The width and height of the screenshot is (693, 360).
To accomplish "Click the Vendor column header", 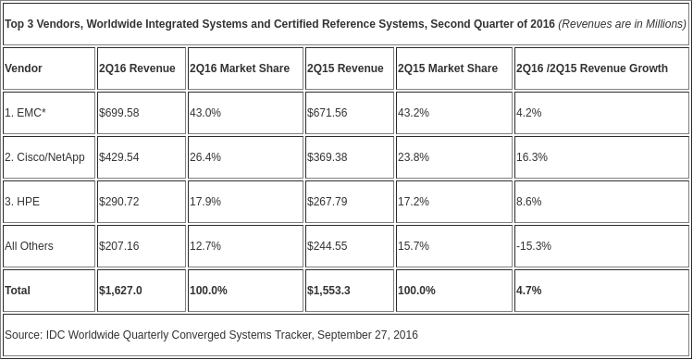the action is [23, 68].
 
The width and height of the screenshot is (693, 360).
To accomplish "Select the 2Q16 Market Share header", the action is [240, 68].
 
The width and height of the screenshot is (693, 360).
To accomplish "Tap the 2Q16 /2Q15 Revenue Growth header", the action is [592, 68].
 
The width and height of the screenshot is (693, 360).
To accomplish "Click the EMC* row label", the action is [25, 113].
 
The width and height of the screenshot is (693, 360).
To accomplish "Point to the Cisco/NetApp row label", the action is [44, 157].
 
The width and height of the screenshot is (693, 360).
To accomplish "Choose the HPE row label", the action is [22, 202].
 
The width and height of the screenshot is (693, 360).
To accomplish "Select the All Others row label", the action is [29, 246].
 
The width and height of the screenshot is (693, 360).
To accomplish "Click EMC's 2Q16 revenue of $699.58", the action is [118, 113].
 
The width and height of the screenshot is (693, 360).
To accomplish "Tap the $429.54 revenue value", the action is [118, 157].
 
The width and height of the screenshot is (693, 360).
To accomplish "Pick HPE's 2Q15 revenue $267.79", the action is [327, 202].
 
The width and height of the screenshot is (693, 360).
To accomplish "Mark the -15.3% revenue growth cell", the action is [534, 246].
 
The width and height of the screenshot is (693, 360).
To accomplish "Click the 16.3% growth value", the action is [532, 157].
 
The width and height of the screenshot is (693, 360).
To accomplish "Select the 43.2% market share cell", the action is [414, 113].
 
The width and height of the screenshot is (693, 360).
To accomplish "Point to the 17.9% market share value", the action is [205, 202].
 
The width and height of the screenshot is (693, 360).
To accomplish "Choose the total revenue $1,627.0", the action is [120, 290].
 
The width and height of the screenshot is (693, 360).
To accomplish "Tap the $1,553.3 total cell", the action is [328, 290].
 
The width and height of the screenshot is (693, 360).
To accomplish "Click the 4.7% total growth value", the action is [528, 290].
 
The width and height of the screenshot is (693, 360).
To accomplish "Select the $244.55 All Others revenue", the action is [327, 246].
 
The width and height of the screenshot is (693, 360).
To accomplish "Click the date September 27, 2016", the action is [367, 335].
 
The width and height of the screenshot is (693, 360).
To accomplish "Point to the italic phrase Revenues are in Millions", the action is [623, 24].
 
